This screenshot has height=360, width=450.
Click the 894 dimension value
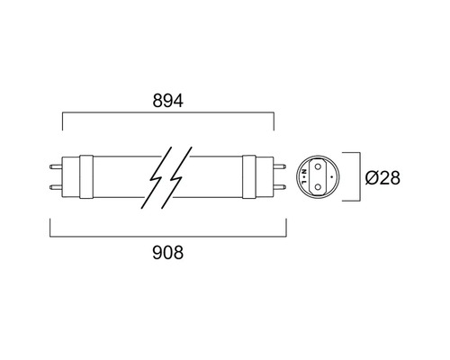point(167,101)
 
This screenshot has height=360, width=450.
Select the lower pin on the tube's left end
point(56,188)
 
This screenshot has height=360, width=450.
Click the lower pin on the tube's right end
point(280,188)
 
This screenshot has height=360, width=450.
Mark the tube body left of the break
point(121,176)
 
